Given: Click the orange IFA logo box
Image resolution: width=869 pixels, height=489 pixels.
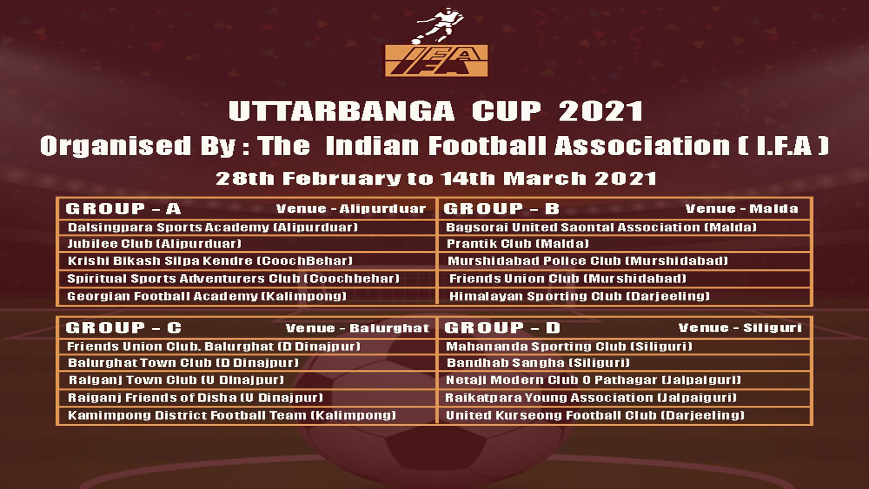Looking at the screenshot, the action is click(437, 60).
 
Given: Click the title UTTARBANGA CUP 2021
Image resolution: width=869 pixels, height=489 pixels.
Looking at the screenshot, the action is click(435, 111).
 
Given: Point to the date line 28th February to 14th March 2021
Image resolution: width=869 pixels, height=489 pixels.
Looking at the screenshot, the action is click(436, 178).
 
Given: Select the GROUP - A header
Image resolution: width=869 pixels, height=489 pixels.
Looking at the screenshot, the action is click(123, 209).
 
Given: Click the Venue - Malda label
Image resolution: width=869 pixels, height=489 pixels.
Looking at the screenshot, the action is click(742, 209).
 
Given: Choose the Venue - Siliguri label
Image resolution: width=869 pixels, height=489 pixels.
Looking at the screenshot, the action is click(740, 328).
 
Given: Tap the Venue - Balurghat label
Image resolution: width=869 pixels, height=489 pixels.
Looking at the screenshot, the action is click(358, 328).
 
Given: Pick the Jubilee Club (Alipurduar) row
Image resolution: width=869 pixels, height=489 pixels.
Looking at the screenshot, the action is click(154, 244).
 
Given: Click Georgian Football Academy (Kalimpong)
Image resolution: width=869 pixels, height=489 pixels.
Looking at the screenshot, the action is click(207, 297).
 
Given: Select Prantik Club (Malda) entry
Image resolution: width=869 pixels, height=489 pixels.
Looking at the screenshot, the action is click(518, 244).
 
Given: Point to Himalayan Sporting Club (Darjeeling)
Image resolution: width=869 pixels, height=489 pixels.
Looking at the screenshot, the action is click(579, 297).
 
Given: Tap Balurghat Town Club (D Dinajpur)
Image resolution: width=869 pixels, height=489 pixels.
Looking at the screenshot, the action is click(183, 363).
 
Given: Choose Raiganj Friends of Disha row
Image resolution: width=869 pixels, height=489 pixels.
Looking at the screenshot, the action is click(196, 398).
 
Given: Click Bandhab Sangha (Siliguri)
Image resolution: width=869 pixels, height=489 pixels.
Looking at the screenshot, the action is click(538, 363).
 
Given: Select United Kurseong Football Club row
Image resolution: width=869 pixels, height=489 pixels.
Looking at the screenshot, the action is click(595, 415).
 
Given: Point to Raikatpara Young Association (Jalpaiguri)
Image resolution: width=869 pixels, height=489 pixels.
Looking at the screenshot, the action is click(591, 398).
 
